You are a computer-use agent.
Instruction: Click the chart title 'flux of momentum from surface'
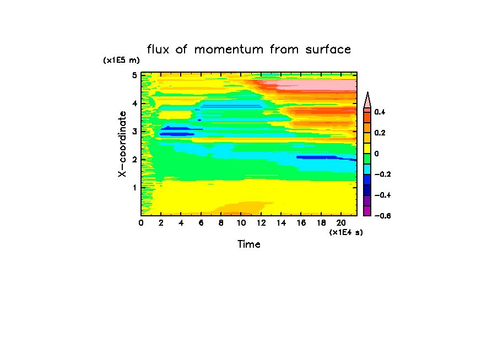coord(249,50)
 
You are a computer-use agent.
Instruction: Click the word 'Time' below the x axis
coord(249,244)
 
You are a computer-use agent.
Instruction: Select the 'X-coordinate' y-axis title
coord(122,144)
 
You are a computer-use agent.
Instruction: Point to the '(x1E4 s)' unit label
coord(346,232)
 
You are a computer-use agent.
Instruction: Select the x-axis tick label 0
coord(142,223)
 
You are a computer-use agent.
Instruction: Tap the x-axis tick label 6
coord(201,223)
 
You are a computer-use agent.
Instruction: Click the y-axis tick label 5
coord(134,75)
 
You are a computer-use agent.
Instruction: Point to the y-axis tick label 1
coord(134,187)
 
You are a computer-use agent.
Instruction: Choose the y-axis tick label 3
coord(134,132)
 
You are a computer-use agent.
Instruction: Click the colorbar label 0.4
coord(379,112)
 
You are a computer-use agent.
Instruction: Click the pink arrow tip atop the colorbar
coord(367,100)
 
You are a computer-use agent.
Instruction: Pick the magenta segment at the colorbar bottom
coord(367,211)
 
